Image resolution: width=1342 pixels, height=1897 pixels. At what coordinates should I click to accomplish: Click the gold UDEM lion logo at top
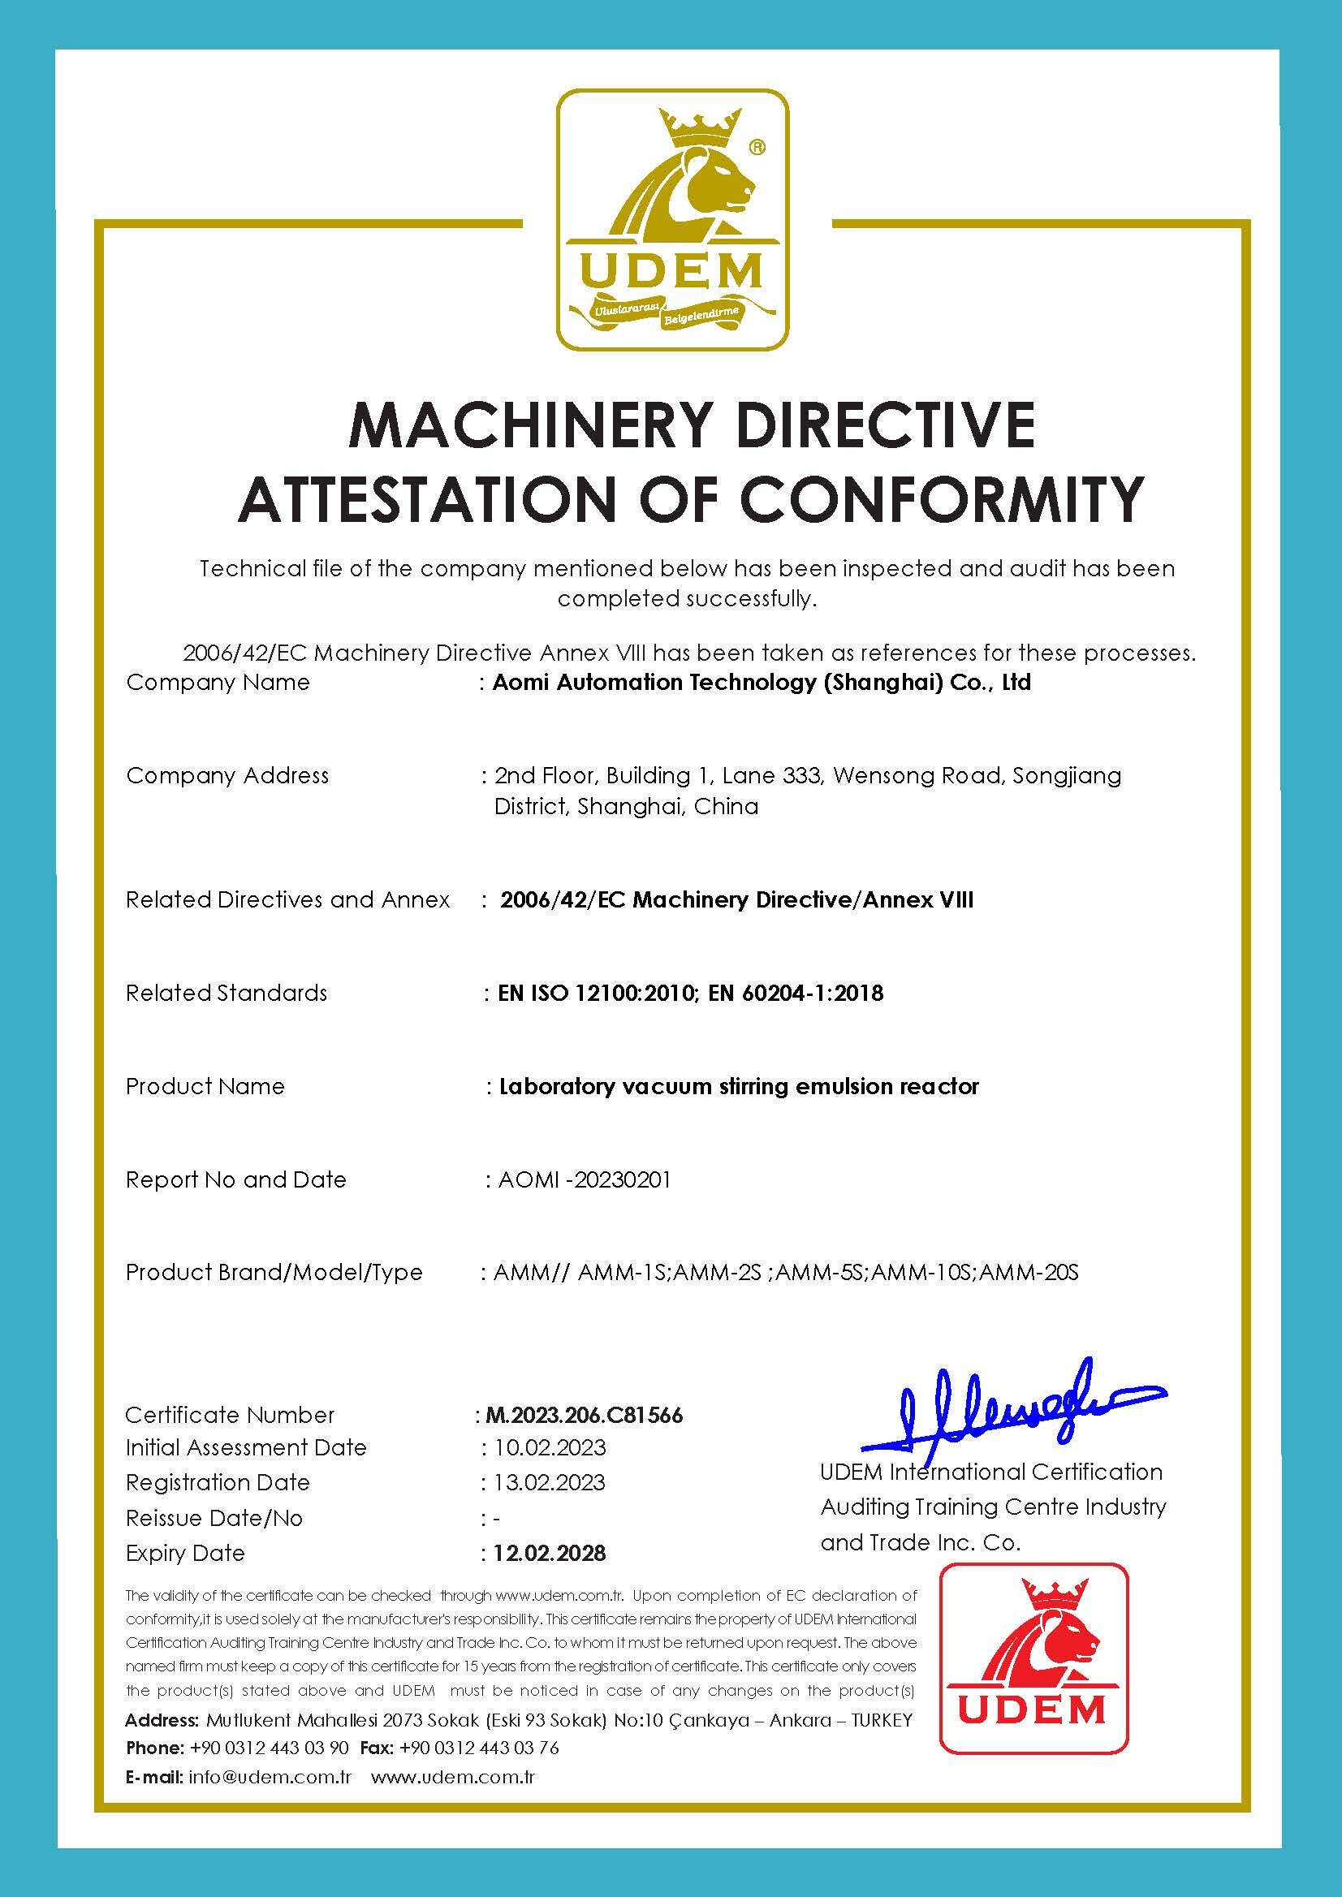671,219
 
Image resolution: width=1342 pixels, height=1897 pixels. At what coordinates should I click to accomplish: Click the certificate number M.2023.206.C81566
585,1415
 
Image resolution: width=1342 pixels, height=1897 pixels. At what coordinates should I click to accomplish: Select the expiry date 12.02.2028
550,1554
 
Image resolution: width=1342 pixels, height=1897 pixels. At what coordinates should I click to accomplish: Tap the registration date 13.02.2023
550,1482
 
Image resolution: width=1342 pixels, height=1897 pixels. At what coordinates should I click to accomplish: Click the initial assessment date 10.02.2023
550,1447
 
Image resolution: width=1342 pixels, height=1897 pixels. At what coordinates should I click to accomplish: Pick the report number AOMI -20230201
585,1180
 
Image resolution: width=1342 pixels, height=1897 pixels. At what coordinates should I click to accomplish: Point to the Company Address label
227,775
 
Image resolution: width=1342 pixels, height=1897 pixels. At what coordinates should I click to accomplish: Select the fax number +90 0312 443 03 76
479,1748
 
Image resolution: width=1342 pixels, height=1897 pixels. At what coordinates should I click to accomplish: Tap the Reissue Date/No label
214,1518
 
